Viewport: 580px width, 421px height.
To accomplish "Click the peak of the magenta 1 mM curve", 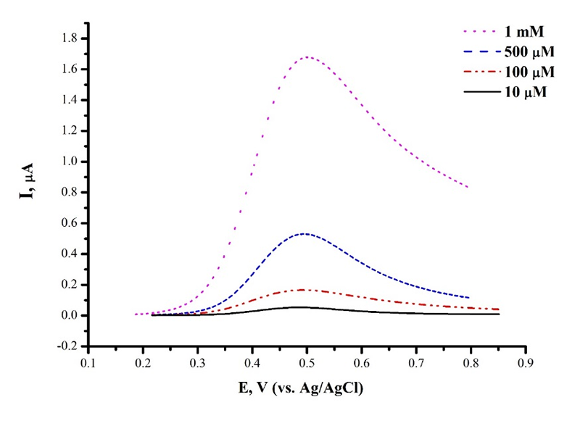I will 307,57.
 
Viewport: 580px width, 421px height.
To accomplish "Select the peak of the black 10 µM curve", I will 297,307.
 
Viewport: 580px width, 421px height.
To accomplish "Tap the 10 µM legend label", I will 526,92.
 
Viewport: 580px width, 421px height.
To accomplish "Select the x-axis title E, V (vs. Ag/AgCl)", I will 307,389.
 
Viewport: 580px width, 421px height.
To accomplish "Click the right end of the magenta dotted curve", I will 468,188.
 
